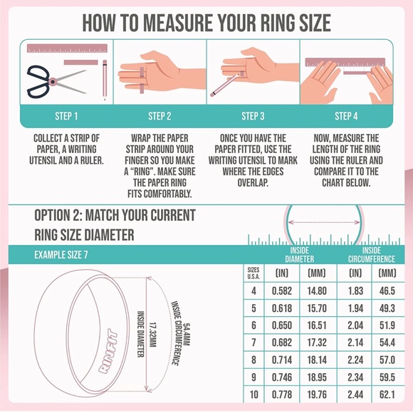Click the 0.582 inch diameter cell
tap(282, 291)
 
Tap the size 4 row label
tap(253, 291)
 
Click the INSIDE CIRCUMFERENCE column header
tap(370, 254)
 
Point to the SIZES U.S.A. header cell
tap(253, 273)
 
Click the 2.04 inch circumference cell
tap(355, 325)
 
